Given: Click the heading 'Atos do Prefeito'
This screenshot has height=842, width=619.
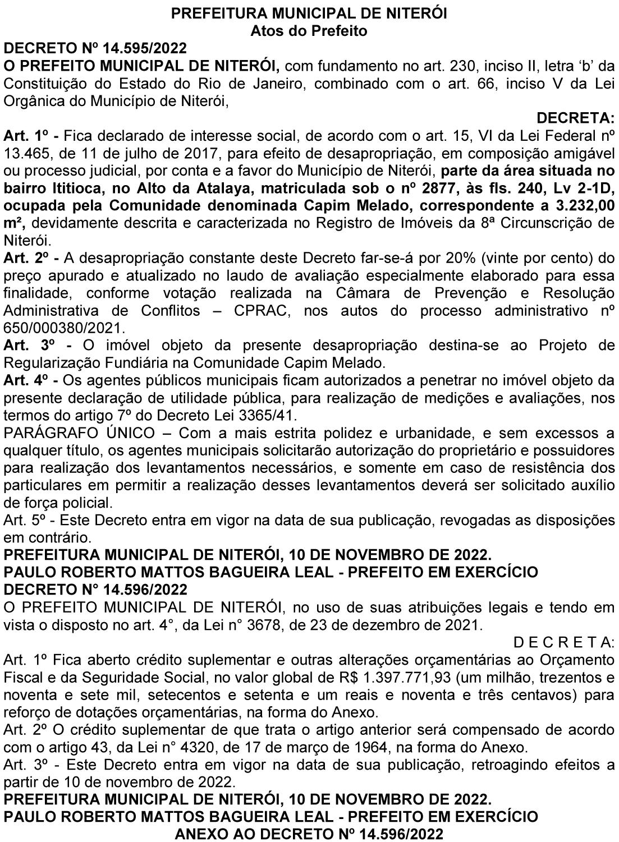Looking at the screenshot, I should [x=309, y=31].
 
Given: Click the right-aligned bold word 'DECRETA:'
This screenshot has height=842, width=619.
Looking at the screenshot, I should [x=576, y=118].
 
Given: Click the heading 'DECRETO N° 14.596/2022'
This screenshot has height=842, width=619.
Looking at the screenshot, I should [x=95, y=590].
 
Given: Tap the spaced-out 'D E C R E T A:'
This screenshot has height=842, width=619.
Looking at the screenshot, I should [x=564, y=642].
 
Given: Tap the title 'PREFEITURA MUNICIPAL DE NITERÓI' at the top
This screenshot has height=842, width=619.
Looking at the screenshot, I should [x=309, y=13].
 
